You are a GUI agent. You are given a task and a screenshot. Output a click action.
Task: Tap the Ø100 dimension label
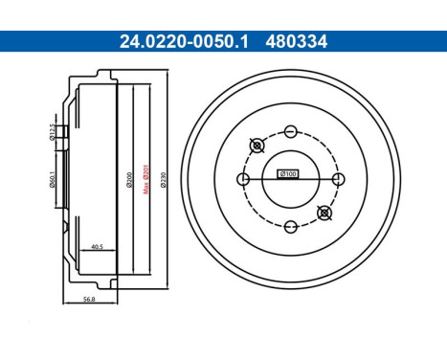tap(288, 174)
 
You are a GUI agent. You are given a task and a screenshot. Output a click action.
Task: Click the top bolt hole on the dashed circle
tap(289, 129)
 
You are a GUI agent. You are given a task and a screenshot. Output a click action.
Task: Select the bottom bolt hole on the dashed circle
tap(289, 227)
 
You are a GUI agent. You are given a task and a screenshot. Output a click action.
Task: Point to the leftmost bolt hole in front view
tap(241, 178)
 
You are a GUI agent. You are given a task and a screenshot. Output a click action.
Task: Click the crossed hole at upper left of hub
tap(256, 146)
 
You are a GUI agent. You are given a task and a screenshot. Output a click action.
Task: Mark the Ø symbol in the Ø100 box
tap(280, 174)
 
